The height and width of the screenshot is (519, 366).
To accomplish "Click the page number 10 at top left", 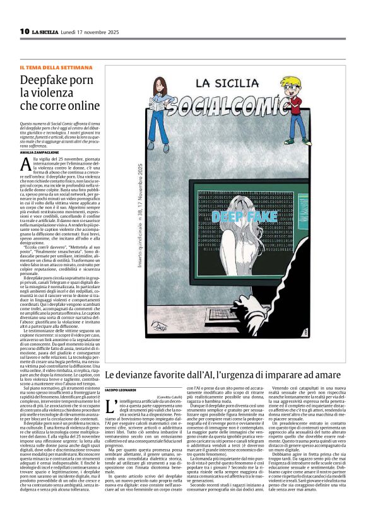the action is (x=24, y=31).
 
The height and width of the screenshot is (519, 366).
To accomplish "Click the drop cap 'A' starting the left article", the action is (x=26, y=166).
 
